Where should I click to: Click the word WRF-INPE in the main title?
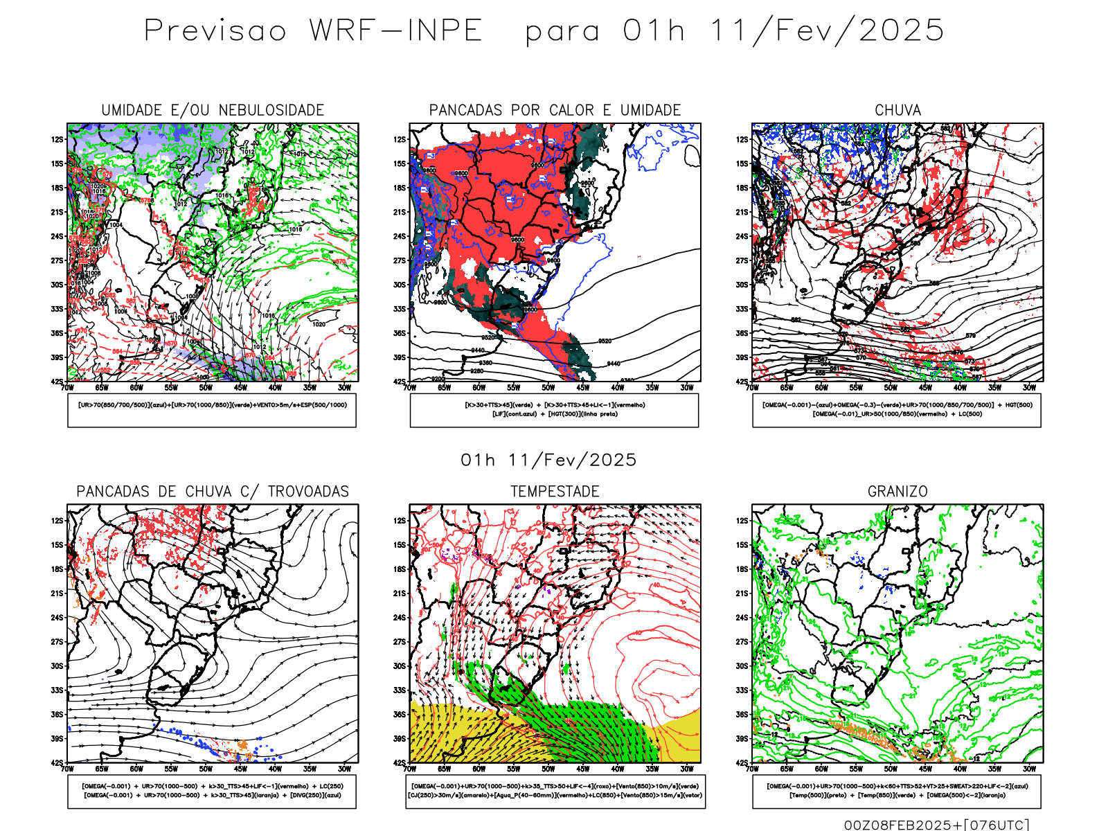point(395,31)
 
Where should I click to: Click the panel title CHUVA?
point(897,110)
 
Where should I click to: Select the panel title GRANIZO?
point(897,492)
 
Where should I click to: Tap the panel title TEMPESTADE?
point(555,492)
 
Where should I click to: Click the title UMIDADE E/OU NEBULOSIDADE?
point(213,110)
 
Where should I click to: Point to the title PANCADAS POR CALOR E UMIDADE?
point(555,110)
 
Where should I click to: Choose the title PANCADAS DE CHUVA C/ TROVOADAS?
point(213,492)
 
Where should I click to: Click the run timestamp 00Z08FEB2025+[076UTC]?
point(936,825)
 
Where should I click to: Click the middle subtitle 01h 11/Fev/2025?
point(548,460)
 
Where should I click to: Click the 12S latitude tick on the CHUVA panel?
point(742,139)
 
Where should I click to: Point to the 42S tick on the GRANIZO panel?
point(742,763)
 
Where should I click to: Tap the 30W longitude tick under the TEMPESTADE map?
point(686,769)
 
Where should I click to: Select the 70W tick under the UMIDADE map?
point(67,388)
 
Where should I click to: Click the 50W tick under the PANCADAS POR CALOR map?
point(548,388)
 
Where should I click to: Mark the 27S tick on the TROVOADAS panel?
point(57,642)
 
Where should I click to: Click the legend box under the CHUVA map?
point(897,410)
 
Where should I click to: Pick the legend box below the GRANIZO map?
point(897,791)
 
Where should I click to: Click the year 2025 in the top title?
point(902,31)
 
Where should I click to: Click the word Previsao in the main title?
point(215,31)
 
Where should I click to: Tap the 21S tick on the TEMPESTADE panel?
point(400,593)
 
